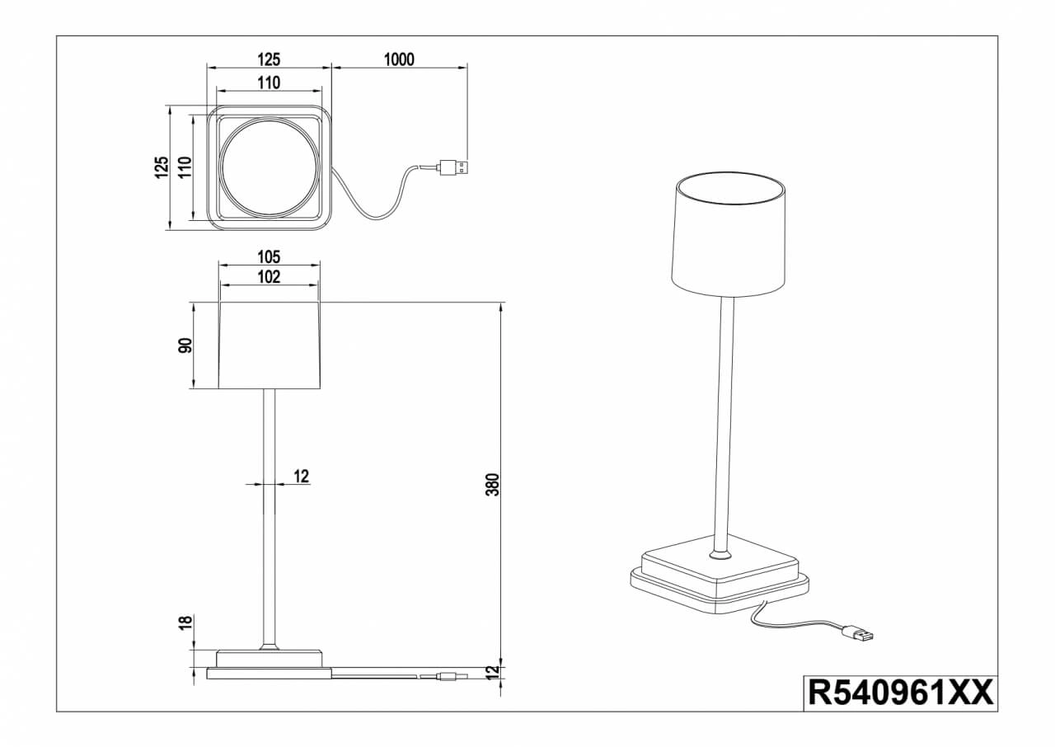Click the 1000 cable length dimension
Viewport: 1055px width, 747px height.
(x=399, y=59)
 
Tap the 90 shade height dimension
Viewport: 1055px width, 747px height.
(x=185, y=345)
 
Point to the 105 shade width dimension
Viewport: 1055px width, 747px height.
(x=269, y=256)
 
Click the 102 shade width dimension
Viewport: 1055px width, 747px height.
(x=269, y=277)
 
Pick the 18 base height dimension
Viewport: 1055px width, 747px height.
(x=185, y=624)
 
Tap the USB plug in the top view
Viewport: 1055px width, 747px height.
(x=454, y=167)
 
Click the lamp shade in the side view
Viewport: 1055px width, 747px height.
(x=269, y=345)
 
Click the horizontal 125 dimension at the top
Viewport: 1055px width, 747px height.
(x=269, y=59)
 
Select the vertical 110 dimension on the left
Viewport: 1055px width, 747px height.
(x=185, y=168)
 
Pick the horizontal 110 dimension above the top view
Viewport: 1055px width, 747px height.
(x=269, y=82)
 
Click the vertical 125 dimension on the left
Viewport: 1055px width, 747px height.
(x=162, y=167)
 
